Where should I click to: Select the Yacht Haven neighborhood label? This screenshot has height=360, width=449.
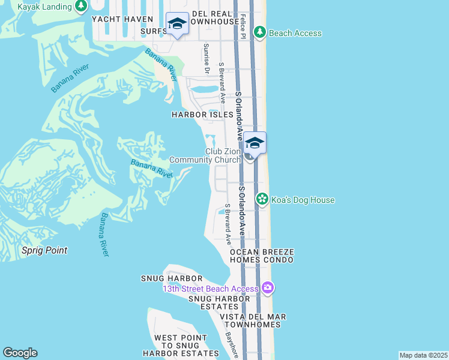(123, 19)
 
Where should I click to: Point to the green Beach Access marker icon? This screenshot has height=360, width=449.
(260, 32)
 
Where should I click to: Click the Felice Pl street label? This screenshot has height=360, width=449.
(243, 28)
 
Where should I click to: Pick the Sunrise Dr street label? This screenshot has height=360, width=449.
(206, 59)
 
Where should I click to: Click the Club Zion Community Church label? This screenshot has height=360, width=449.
(206, 156)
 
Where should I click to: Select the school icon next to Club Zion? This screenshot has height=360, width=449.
(255, 143)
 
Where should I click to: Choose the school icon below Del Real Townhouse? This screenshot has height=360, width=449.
(177, 23)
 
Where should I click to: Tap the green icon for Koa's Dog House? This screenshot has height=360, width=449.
(262, 199)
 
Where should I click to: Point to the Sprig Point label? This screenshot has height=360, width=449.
(44, 250)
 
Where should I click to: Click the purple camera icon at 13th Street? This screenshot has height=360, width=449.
(268, 289)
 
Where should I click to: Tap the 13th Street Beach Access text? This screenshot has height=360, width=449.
(211, 289)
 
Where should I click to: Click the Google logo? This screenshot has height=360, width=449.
(20, 353)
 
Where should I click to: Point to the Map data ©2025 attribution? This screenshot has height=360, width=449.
(423, 355)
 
